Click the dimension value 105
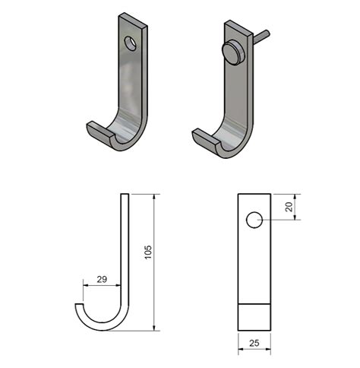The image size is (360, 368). click(148, 251)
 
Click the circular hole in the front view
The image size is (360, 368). click(254, 220)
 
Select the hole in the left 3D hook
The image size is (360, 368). click(132, 42)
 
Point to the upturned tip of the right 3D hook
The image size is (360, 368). click(198, 135)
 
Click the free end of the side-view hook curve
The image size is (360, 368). click(79, 306)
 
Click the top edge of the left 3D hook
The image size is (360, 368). click(133, 19)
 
